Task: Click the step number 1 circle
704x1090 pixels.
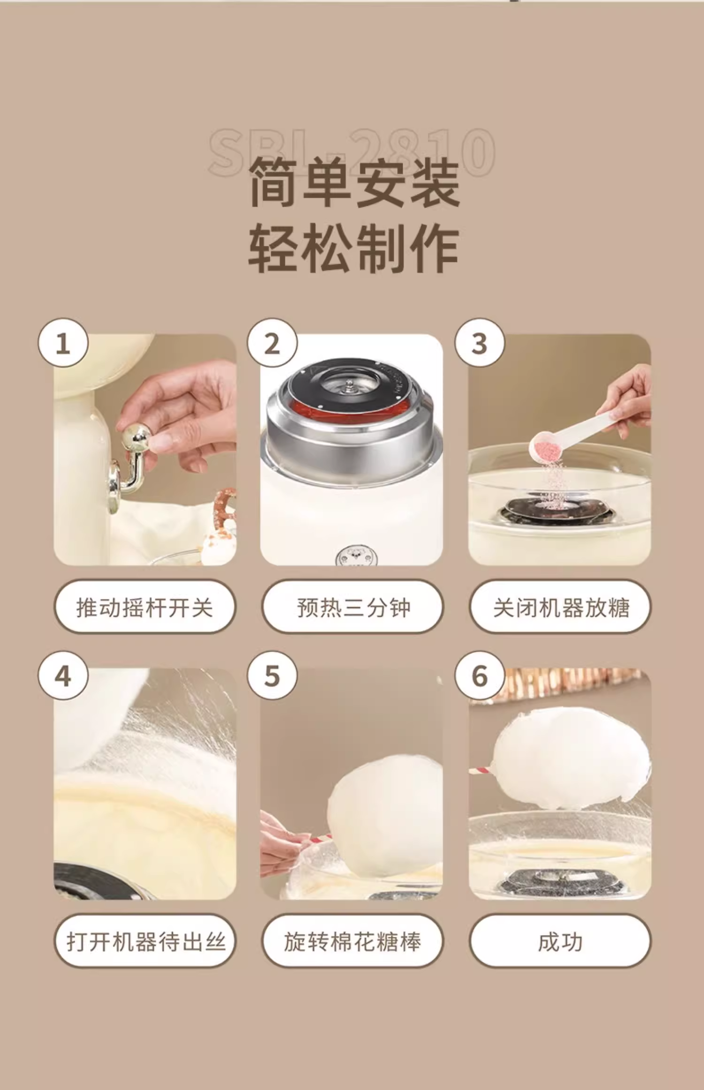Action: tap(63, 343)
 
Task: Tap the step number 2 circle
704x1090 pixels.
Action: tap(272, 343)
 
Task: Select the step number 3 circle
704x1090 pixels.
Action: tap(480, 343)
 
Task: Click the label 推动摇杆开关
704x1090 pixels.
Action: tap(145, 606)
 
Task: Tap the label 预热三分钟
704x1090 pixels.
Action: tap(352, 606)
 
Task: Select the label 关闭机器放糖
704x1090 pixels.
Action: tap(560, 606)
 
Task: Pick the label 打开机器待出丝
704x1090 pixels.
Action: tap(145, 940)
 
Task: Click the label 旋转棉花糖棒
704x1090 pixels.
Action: tap(352, 940)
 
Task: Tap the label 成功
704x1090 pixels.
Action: tap(560, 940)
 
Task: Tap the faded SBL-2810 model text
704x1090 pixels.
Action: tap(352, 153)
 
